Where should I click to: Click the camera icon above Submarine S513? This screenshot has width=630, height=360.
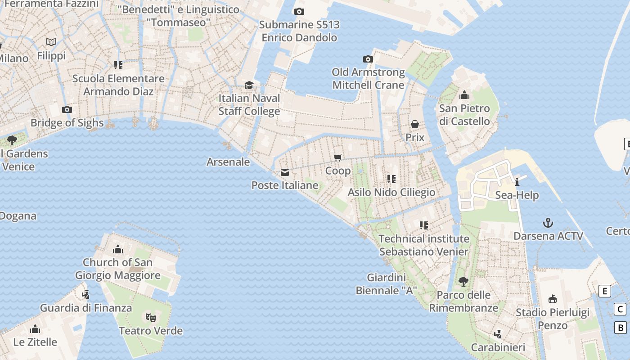point(299,12)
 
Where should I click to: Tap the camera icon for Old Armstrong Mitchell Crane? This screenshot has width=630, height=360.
point(368,59)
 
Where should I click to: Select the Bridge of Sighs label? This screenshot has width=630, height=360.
point(67,123)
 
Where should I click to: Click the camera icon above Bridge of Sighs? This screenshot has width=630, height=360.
point(67,109)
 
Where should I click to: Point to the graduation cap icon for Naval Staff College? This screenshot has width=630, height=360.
point(249,85)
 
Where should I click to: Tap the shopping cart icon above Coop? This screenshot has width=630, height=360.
point(338,157)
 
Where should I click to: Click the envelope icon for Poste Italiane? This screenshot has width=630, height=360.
point(285,172)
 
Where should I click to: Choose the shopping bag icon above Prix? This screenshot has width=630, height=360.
point(415,124)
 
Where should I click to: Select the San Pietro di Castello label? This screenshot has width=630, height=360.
point(464,115)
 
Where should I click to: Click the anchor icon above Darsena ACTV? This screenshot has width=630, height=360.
point(548,223)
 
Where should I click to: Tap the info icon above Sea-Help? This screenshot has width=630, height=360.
point(517,182)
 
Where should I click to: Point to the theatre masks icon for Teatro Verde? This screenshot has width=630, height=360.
point(150,318)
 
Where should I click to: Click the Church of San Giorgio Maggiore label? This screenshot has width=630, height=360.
point(117,269)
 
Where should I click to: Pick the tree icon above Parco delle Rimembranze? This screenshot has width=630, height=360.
point(463,282)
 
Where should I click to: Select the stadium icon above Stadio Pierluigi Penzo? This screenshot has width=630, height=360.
point(552,299)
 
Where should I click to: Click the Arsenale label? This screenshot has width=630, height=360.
point(228,162)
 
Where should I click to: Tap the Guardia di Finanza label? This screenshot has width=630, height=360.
point(86,308)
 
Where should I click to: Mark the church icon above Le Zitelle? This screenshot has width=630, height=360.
point(35,329)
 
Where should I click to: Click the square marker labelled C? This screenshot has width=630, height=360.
point(620,310)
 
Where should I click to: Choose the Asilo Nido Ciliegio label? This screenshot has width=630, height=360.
point(391,193)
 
